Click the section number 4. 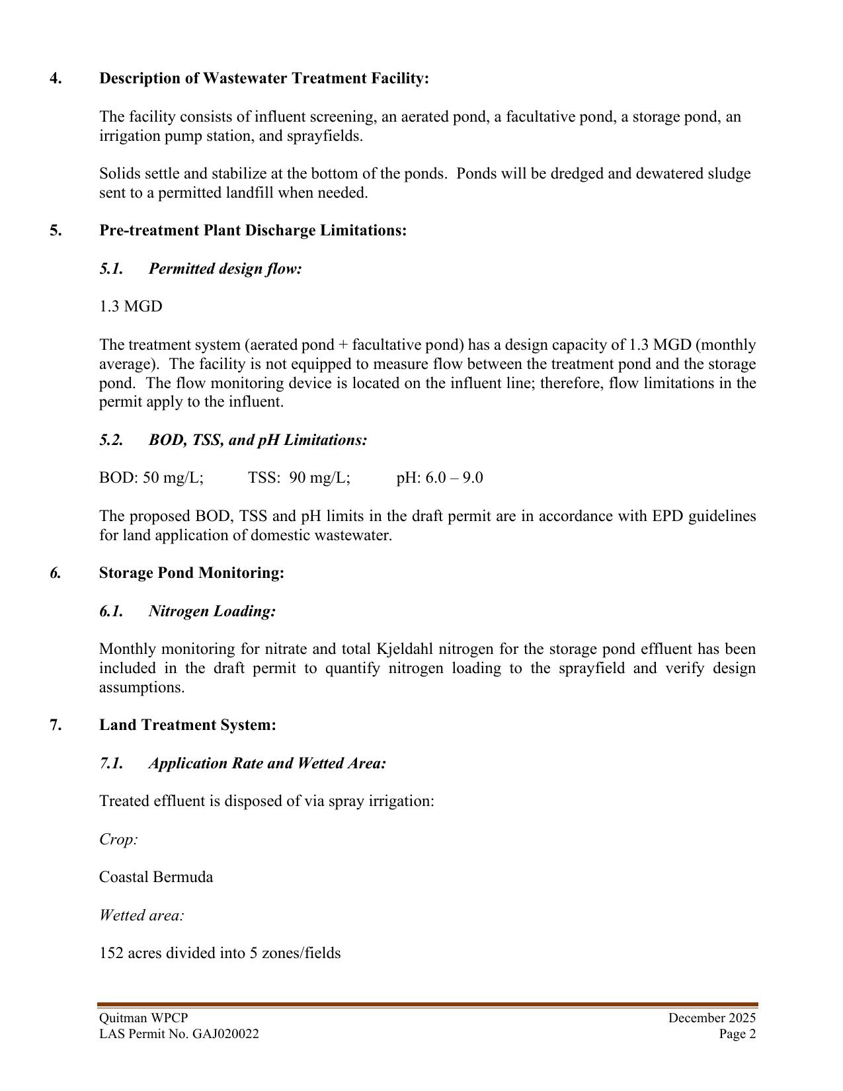pyautogui.click(x=56, y=79)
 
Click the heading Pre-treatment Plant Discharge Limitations pyautogui.click(x=253, y=231)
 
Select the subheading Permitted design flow pyautogui.click(x=225, y=269)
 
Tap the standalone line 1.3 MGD pyautogui.click(x=130, y=307)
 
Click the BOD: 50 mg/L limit pyautogui.click(x=151, y=478)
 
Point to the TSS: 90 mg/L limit pyautogui.click(x=299, y=478)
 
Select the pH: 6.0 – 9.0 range pyautogui.click(x=440, y=478)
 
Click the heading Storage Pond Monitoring pyautogui.click(x=192, y=573)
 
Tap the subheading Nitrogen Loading pyautogui.click(x=212, y=612)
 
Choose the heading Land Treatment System pyautogui.click(x=188, y=725)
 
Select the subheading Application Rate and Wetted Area pyautogui.click(x=267, y=764)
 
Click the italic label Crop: pyautogui.click(x=118, y=840)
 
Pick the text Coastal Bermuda pyautogui.click(x=156, y=877)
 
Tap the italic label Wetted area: pyautogui.click(x=141, y=916)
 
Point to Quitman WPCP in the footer pyautogui.click(x=143, y=1018)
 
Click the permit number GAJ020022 pyautogui.click(x=225, y=1034)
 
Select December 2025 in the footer pyautogui.click(x=711, y=1018)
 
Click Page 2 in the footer pyautogui.click(x=737, y=1034)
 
